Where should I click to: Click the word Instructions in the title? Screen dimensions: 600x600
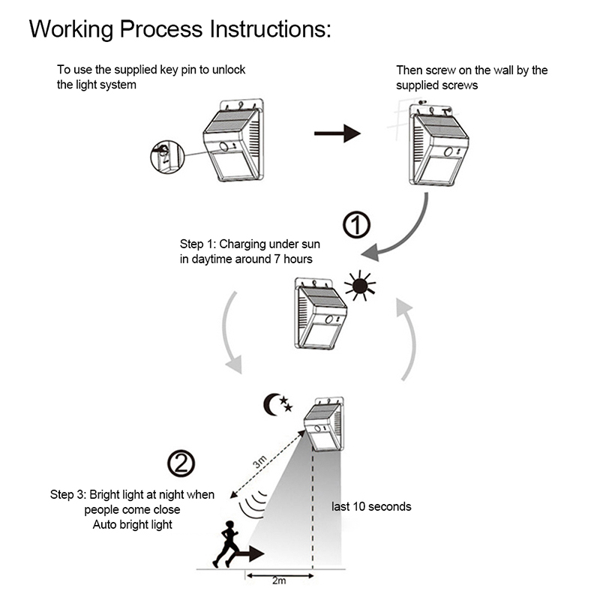tap(269, 29)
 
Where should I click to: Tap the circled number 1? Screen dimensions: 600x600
tap(356, 224)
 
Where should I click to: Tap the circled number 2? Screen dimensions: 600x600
tap(180, 463)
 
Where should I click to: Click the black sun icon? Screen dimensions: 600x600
tap(359, 285)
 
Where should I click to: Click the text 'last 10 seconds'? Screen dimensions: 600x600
tap(371, 507)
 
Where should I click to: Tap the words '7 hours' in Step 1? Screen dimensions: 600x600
tap(292, 259)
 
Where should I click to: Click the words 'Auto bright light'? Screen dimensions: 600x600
tap(133, 524)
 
